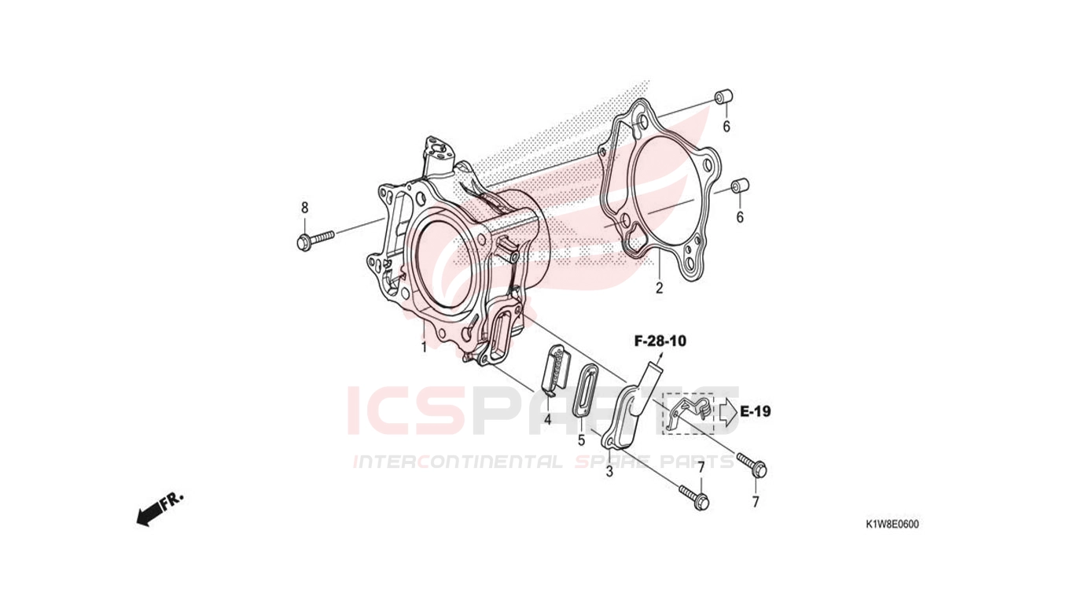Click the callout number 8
[x=304, y=208]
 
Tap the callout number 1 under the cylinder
[x=424, y=347]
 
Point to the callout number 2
[x=660, y=289]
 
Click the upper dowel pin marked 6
[x=723, y=97]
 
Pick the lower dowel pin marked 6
[x=740, y=186]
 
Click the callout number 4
[x=547, y=420]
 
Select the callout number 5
[x=582, y=440]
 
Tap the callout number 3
[x=609, y=472]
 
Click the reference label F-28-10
[x=660, y=341]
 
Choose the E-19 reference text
[x=755, y=411]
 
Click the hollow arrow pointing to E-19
[x=728, y=411]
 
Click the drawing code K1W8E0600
[x=892, y=525]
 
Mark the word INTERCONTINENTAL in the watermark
[x=458, y=462]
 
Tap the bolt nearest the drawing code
[x=752, y=465]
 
